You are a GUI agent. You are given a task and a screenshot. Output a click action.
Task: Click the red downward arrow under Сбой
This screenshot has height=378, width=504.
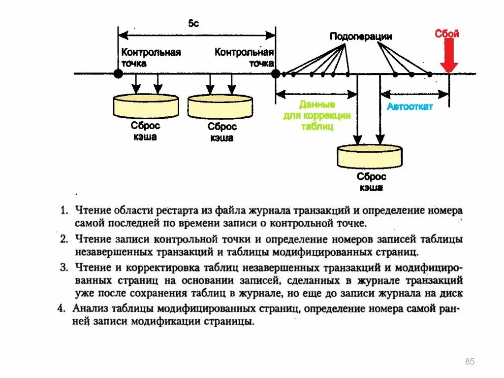449,56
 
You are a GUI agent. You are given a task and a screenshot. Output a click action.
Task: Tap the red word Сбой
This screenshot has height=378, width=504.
447,34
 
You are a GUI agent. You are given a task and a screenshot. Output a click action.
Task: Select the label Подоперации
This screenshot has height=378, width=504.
361,36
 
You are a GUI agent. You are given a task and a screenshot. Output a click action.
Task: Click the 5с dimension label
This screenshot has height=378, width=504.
193,24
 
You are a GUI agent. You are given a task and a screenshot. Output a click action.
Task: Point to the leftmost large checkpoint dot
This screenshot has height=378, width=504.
118,74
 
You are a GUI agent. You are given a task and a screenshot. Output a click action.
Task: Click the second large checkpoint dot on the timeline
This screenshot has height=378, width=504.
276,74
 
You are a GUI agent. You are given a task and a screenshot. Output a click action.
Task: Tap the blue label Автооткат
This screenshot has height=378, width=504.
409,106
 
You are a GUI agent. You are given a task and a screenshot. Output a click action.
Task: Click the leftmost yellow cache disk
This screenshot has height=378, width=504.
146,104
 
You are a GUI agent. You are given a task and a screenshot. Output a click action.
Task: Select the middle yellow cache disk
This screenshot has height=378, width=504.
220,106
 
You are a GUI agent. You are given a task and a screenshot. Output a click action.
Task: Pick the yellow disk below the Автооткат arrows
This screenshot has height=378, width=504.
370,156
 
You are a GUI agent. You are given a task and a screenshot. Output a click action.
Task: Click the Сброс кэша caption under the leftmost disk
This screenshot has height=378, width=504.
146,131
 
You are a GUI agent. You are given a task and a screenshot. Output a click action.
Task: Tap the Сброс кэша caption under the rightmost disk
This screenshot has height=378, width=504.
372,182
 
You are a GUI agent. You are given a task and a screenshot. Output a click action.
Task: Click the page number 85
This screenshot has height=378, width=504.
470,362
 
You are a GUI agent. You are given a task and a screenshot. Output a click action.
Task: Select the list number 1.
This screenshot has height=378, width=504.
64,211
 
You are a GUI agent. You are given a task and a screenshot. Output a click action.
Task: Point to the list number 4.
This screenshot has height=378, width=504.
61,309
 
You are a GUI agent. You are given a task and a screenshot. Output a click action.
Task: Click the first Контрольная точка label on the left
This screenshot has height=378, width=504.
151,57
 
